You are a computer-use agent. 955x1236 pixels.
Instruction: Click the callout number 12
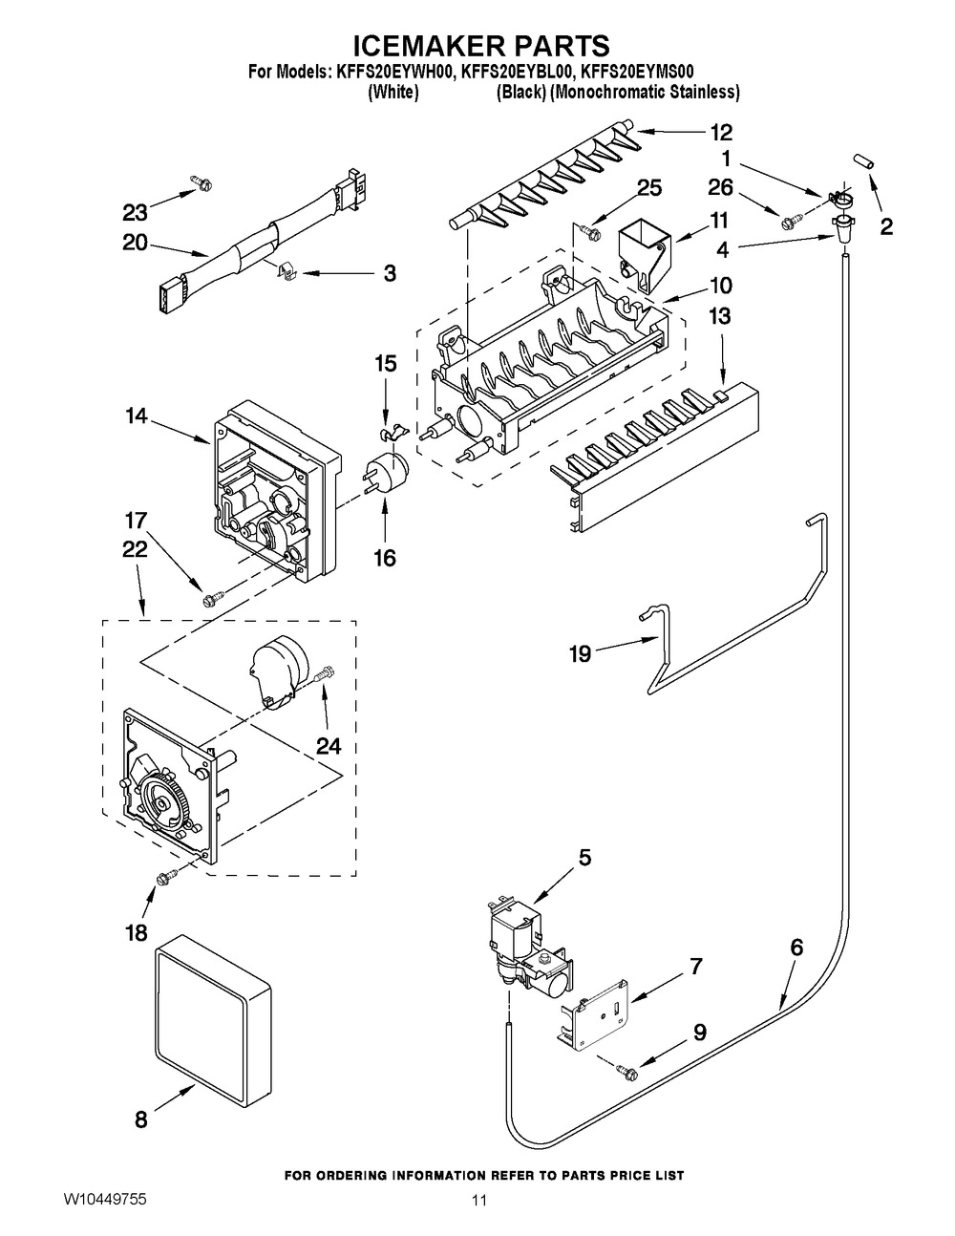tap(721, 133)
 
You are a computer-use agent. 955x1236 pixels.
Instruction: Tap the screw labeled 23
tap(202, 182)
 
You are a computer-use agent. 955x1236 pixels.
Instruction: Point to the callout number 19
tap(582, 653)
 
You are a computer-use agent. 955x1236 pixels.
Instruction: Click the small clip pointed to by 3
tap(286, 272)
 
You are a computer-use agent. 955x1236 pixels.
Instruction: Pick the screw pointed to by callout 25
tap(590, 230)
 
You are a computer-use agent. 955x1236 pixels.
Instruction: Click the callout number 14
tap(137, 416)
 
